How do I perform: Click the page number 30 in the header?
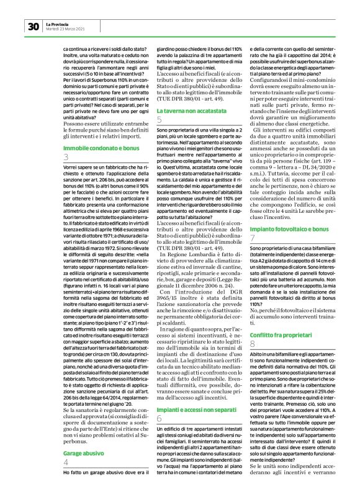[33, 26]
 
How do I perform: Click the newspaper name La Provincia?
[58, 23]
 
